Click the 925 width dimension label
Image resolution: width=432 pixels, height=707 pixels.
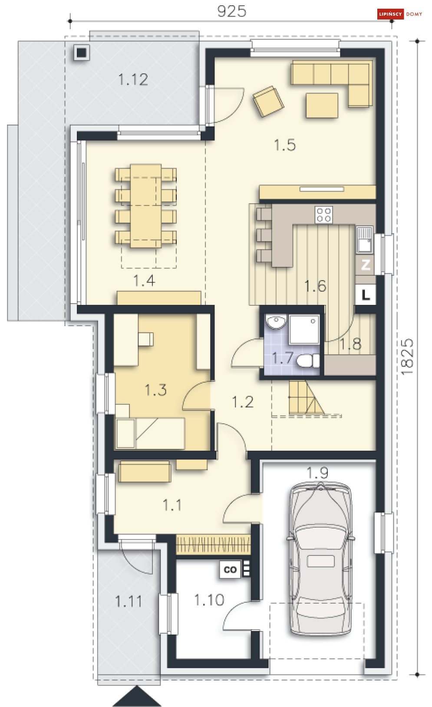point(231,11)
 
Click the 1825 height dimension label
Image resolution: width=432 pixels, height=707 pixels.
point(407,357)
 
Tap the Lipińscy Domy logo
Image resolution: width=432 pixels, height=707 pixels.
point(400,14)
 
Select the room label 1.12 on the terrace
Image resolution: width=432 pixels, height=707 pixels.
point(133,79)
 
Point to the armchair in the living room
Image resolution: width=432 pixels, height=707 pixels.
point(268,101)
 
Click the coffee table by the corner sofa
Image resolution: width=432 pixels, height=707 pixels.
point(322,106)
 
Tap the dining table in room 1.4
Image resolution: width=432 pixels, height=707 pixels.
point(146,206)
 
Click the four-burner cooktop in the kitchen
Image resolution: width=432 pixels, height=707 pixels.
point(324,215)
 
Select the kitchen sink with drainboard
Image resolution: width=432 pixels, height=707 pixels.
point(365,240)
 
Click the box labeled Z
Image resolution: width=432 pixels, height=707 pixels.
point(365,264)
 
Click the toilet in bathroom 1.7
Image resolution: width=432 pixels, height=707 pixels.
point(308,360)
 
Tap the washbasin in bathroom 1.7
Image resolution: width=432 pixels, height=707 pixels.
point(276,322)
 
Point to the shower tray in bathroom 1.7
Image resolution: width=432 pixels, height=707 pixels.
point(304,329)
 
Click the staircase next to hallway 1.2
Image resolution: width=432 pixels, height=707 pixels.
point(307,398)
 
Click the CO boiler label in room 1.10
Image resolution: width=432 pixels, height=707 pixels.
point(231,570)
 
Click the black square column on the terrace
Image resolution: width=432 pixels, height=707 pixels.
point(82,53)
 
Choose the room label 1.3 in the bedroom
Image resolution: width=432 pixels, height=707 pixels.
point(155,390)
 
